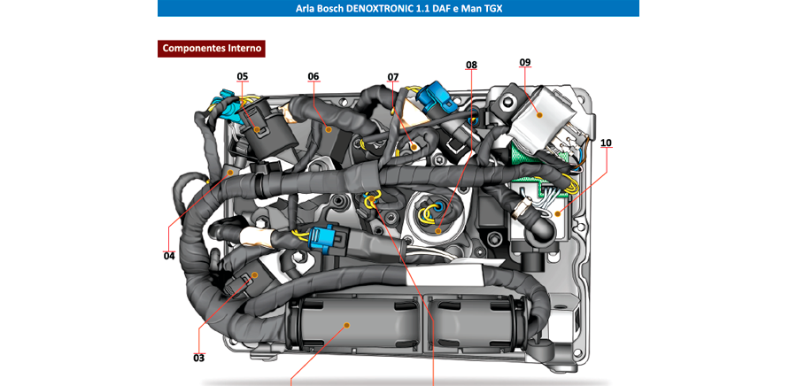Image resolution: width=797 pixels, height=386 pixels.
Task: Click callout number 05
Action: point(243,76)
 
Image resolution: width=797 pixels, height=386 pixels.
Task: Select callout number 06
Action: point(313,76)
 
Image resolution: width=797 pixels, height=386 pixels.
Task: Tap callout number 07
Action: point(393,77)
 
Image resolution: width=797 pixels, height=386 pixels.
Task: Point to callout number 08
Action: point(471,65)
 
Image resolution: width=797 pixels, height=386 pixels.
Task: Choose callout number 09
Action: point(525,62)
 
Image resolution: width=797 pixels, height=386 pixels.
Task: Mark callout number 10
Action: point(606,142)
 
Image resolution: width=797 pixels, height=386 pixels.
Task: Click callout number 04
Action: point(169,256)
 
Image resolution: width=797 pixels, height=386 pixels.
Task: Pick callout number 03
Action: point(198,358)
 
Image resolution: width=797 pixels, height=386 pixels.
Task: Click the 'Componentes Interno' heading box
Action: point(213,48)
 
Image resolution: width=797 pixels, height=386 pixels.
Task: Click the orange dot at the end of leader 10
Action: point(557,212)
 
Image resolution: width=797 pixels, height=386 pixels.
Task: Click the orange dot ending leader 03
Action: point(254,275)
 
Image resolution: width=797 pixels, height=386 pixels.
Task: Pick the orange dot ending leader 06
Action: point(329,129)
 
